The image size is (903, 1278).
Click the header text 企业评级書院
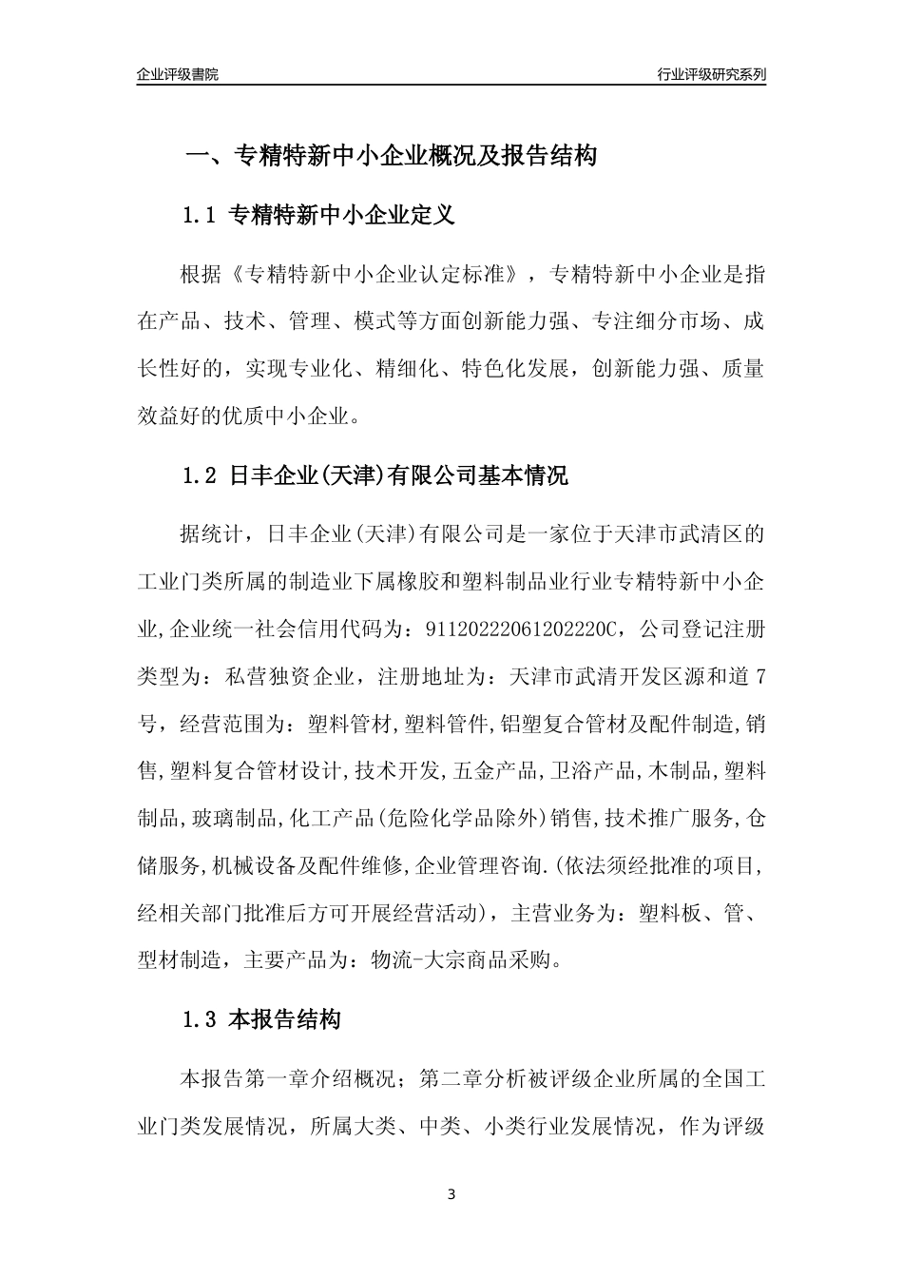(178, 74)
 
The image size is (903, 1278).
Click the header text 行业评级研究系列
(711, 74)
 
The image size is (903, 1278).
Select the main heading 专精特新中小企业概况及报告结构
(414, 156)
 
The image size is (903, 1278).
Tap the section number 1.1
(201, 216)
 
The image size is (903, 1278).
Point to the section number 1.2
(201, 475)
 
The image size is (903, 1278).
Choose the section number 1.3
(201, 1020)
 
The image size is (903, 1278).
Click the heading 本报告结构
(285, 1020)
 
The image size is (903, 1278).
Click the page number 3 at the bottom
(451, 1194)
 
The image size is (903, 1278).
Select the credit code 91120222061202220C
(517, 629)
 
